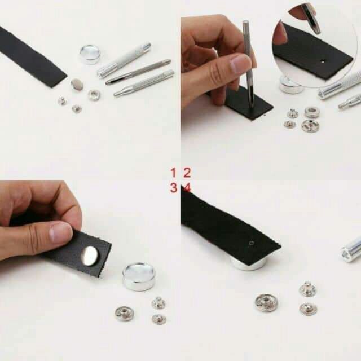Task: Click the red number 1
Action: pos(173,173)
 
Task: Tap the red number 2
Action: pos(187,173)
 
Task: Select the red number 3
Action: pos(174,187)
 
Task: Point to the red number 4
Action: pos(187,187)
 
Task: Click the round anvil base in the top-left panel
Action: pos(90,54)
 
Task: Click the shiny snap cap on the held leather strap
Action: pos(89,256)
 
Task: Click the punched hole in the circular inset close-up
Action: pos(323,61)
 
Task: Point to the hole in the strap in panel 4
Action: pos(251,243)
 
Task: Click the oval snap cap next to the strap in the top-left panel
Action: pos(77,85)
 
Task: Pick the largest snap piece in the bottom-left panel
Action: pos(124,314)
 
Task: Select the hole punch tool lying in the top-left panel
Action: pos(138,72)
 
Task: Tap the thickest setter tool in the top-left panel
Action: pos(124,60)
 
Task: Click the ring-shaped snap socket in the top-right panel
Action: pos(312,112)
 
